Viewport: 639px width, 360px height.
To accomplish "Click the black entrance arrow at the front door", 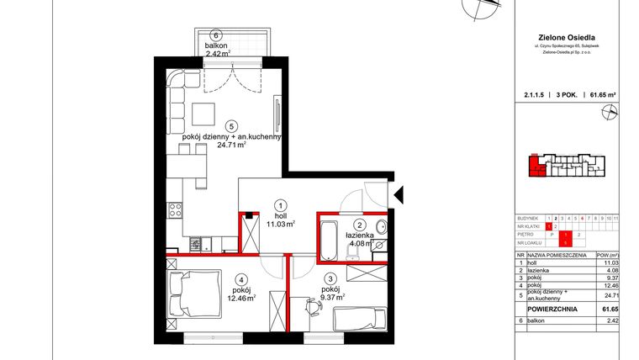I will tap(400, 195).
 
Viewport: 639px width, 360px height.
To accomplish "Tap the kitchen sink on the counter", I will tap(195, 245).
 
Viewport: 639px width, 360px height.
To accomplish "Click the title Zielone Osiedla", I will tap(565, 37).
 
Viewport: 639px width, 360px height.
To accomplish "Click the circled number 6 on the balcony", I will tap(217, 35).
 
